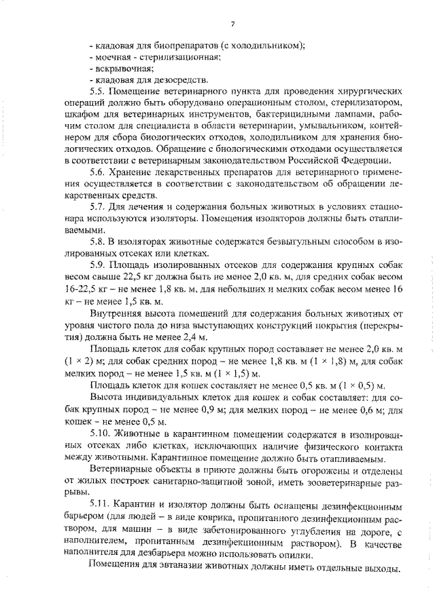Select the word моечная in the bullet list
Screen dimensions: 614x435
coord(110,57)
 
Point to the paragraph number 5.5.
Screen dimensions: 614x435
coord(98,92)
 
